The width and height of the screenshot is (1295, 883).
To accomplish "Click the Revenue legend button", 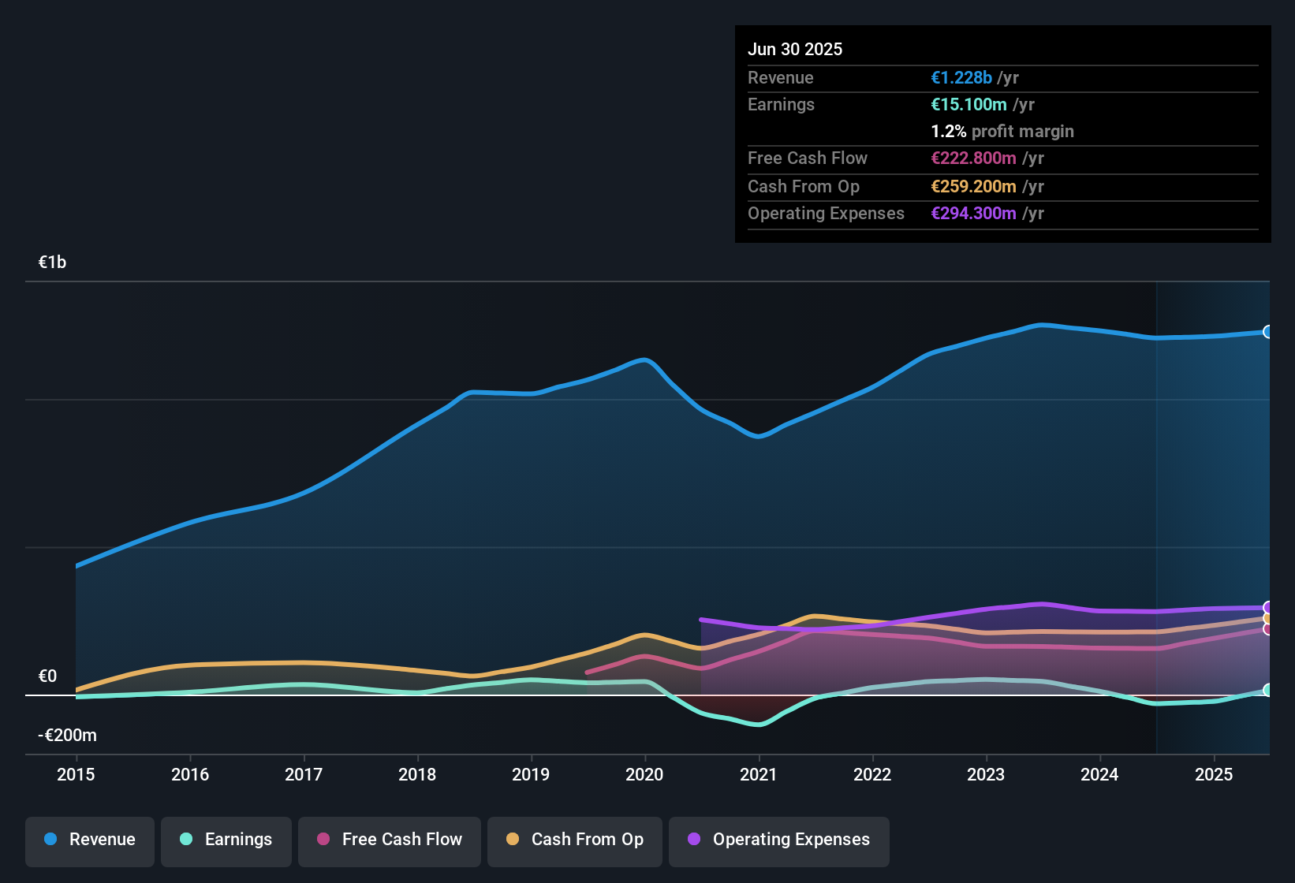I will click(x=90, y=840).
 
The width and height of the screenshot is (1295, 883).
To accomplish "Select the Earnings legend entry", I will click(x=226, y=840).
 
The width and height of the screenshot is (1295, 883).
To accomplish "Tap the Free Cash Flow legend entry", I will click(x=390, y=840).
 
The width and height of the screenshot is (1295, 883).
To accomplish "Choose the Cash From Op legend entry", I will click(x=575, y=840).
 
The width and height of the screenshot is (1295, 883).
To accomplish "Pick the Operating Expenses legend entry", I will click(x=779, y=840).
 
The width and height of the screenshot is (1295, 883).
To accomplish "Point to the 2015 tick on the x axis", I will click(x=76, y=774).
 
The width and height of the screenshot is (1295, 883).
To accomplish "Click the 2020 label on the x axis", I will click(x=644, y=774).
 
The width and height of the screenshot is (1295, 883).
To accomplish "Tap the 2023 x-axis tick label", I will click(x=986, y=774).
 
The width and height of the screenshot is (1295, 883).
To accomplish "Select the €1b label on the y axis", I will click(x=52, y=263).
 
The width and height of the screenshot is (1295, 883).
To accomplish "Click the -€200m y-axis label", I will click(x=67, y=736).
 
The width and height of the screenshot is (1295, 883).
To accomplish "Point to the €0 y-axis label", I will click(x=47, y=676).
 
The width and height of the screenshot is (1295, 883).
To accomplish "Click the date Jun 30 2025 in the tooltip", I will click(x=795, y=49).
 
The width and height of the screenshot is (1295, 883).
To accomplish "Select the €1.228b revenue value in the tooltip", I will click(x=961, y=77).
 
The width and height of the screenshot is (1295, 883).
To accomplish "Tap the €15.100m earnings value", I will click(x=968, y=104).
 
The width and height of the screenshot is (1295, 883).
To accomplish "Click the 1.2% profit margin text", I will click(x=1002, y=131).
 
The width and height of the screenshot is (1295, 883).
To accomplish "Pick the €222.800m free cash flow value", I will click(x=973, y=158).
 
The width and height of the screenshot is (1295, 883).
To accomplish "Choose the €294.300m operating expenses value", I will click(x=973, y=213).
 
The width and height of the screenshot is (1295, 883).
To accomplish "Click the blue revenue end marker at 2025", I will click(x=1267, y=332).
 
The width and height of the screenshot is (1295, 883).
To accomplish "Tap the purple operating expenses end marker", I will click(x=1267, y=607).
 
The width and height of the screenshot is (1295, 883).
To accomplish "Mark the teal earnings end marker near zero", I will click(x=1267, y=690).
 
